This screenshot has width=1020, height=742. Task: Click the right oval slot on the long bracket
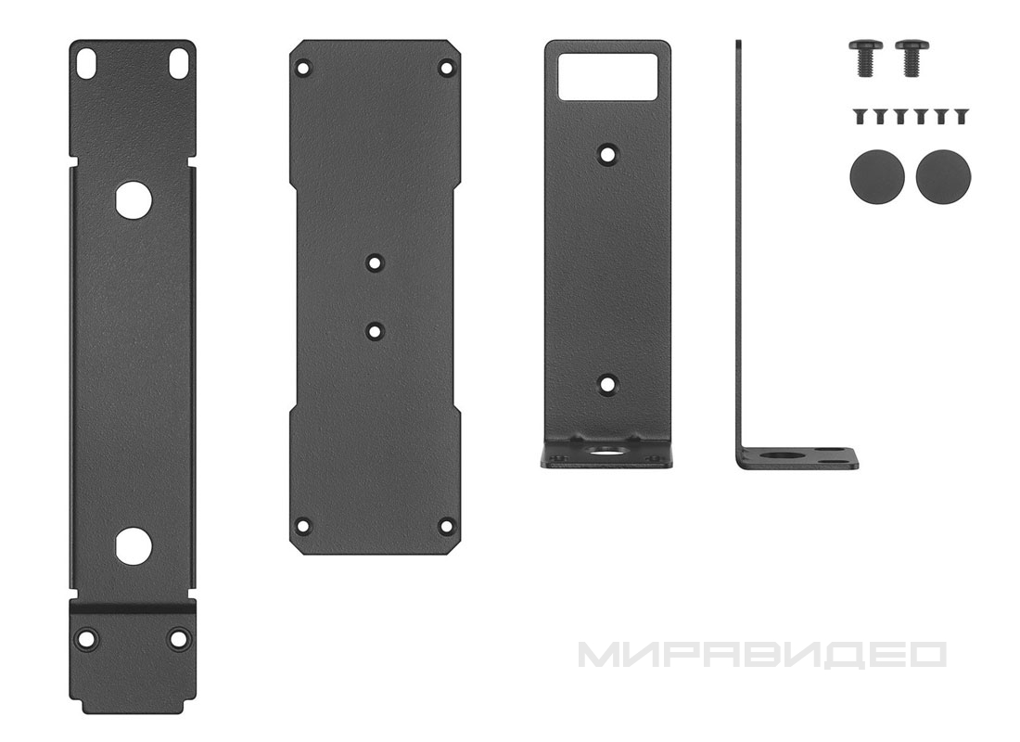point(177,63)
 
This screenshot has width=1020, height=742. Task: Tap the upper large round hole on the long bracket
point(134,199)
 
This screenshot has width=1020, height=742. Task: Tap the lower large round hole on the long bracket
point(134,544)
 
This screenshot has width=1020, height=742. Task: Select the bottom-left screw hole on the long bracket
point(86,638)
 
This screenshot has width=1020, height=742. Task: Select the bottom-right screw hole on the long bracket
point(178,638)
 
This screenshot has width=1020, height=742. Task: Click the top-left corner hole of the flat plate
point(302,68)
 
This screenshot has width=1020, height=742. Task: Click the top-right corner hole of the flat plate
point(446,68)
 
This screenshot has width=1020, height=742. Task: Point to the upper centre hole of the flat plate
point(375,263)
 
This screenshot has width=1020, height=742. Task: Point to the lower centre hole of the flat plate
point(375,330)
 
